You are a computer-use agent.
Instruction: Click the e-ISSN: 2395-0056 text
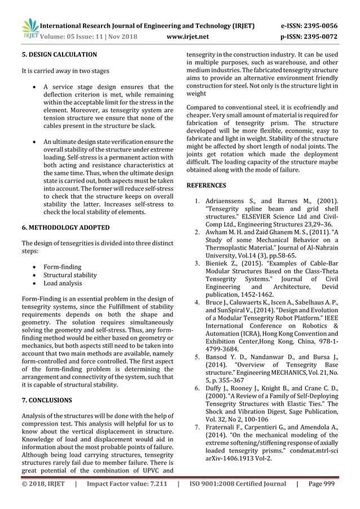coord(306,25)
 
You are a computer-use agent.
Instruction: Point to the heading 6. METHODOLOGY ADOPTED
coord(65,227)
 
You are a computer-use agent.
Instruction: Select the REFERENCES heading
coord(206,185)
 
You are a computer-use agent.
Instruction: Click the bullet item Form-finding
coord(62,266)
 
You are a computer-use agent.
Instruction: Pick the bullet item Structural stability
coord(70,275)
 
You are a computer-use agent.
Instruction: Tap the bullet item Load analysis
coord(63,284)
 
